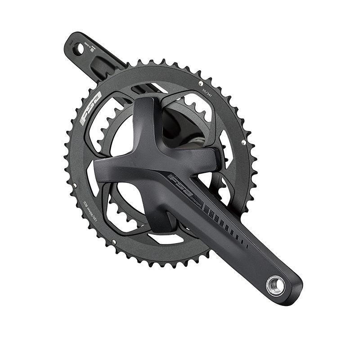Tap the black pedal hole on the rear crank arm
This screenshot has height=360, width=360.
point(79,48)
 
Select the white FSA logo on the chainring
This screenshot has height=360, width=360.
point(90,108)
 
